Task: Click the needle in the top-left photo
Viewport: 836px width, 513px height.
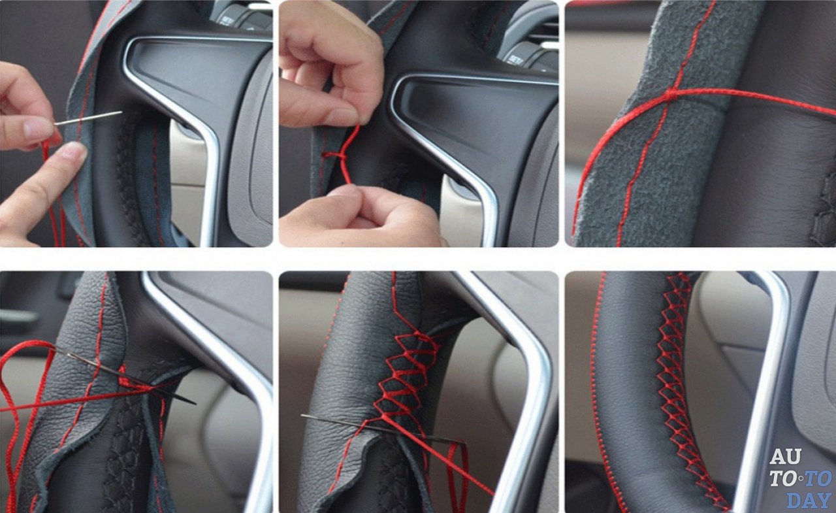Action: (88, 118)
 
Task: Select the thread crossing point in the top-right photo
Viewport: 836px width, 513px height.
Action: (670, 93)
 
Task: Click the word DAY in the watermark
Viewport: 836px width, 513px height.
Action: (809, 501)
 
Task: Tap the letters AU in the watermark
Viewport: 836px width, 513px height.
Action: (785, 456)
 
